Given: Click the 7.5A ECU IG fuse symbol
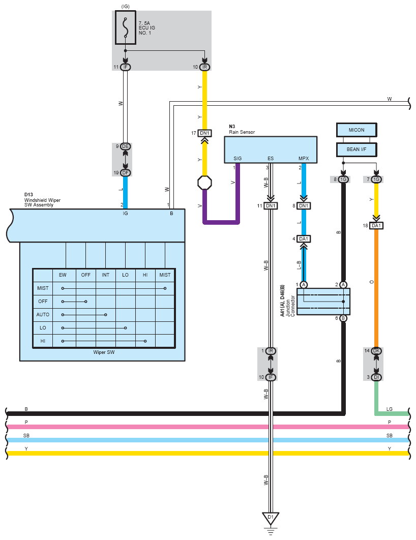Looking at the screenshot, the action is (x=125, y=27).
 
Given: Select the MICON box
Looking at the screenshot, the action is (x=356, y=130).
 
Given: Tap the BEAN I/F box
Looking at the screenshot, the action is (x=356, y=149).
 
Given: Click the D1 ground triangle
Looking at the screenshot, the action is (x=271, y=518).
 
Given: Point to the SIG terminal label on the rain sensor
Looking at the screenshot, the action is (x=237, y=159).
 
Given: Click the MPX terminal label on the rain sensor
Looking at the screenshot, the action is (x=304, y=159).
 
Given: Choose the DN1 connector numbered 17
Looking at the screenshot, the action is (x=204, y=133).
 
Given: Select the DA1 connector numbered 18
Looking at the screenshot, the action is (x=376, y=226).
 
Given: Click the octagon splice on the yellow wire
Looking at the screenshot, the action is (x=204, y=183).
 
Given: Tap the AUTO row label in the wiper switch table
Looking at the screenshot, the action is (x=43, y=314).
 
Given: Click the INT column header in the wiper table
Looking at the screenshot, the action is (x=105, y=275).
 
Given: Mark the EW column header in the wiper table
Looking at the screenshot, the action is (x=63, y=275).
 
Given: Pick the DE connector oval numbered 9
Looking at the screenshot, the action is (x=125, y=146).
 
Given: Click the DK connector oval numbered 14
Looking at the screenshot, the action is (x=376, y=351).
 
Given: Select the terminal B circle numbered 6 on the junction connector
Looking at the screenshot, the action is (x=343, y=318).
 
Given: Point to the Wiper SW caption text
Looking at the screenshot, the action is (x=104, y=352).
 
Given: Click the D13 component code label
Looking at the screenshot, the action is (x=28, y=195).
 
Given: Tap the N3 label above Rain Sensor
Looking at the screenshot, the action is (x=232, y=127).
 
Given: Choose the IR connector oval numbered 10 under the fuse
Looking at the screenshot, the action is (x=204, y=67).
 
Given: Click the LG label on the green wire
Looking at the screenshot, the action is (x=390, y=409).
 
